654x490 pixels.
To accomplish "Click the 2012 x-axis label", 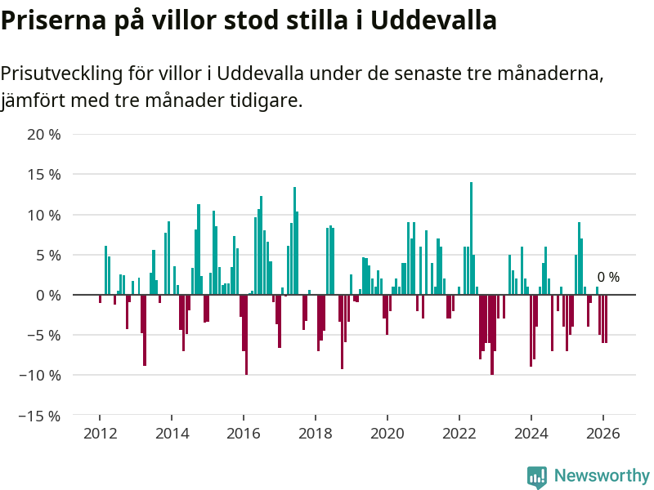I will pyautogui.click(x=100, y=434).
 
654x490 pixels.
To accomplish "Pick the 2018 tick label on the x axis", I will pyautogui.click(x=316, y=434).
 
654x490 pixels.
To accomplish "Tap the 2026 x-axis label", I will pyautogui.click(x=602, y=434).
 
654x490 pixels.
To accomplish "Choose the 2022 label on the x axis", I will pyautogui.click(x=459, y=434).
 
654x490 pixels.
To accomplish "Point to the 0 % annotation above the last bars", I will pyautogui.click(x=608, y=278).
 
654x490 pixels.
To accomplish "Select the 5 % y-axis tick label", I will pyautogui.click(x=48, y=255).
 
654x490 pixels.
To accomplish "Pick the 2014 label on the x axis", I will pyautogui.click(x=172, y=434).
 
